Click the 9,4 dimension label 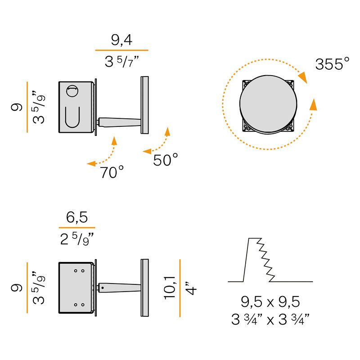coord(121,40)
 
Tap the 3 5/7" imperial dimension coord(121,62)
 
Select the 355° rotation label coord(332,64)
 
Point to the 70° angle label coord(112,172)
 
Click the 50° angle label coord(165,160)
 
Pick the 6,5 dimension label coord(77,217)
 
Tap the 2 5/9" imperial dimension coord(77,239)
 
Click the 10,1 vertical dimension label coord(170,288)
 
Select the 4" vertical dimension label coord(191,288)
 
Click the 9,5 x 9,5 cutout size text coord(270,301)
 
